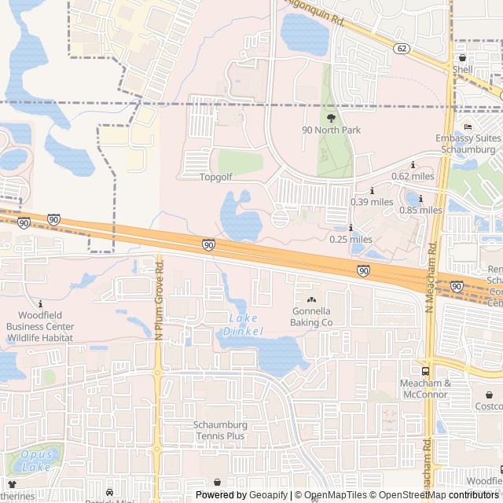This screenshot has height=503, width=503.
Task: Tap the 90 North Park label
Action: point(331,130)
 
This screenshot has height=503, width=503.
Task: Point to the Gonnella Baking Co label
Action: point(312,317)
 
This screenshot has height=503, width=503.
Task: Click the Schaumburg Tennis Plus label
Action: point(220,430)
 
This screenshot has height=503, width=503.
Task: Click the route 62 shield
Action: point(402,49)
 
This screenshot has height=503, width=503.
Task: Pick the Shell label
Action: point(462,68)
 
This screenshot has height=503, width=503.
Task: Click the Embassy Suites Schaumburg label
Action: point(468,144)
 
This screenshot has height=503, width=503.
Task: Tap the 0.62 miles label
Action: point(413,176)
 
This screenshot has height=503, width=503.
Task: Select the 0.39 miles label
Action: point(372,202)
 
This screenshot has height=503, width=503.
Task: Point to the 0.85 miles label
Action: point(420,210)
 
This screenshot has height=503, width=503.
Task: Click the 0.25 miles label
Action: point(351,239)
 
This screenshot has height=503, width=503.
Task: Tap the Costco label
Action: point(488,406)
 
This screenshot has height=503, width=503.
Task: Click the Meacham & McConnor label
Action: point(425,388)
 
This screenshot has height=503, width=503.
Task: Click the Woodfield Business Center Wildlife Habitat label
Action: point(39,327)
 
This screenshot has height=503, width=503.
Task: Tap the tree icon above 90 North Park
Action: point(331,117)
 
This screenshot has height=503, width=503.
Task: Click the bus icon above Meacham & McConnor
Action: point(425,371)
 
